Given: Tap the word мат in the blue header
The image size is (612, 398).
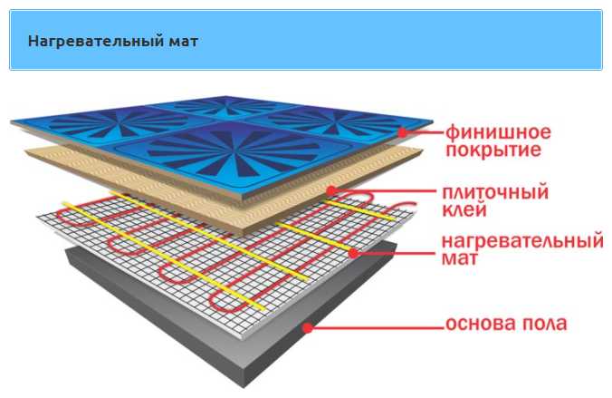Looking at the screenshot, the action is point(184,42).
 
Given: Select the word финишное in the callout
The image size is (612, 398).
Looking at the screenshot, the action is point(498,133).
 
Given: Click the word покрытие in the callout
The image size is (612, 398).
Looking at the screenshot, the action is point(493,150).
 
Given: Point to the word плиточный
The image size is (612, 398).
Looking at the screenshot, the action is point(495,192).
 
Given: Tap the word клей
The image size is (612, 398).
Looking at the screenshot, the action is point(464,209).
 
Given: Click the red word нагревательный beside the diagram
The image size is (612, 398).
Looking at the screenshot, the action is point(522,240).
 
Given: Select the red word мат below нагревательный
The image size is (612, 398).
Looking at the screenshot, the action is point(459,258).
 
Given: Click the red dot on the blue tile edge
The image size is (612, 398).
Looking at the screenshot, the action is point(402,132).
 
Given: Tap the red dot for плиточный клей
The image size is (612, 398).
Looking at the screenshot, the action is point(331,191).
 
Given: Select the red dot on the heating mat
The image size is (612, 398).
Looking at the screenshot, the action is point(353,253).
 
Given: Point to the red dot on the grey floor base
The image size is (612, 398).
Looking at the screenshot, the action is point(308,327).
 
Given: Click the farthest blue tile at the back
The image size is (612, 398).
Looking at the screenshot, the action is point(225,105).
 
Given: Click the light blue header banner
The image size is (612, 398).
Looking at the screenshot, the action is point(306,40).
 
